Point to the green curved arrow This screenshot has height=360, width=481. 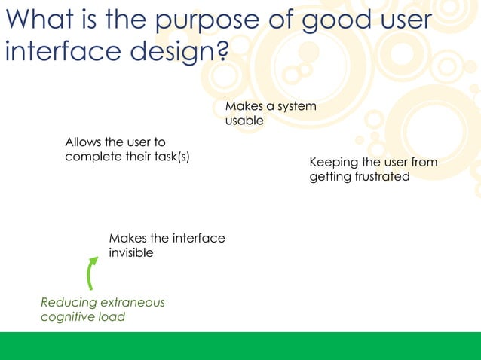[x=91, y=273]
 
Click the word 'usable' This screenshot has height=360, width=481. [x=244, y=121]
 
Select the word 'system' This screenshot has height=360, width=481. [x=296, y=106]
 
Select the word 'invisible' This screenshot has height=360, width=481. [x=131, y=253]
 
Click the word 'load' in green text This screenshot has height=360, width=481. [x=112, y=316]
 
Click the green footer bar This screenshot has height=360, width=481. [x=240, y=346]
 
